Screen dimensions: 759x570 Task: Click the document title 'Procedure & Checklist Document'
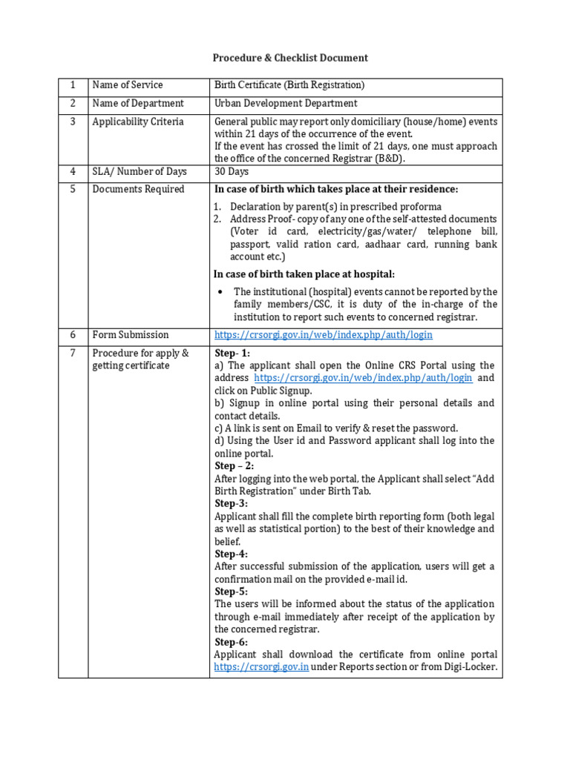click(290, 58)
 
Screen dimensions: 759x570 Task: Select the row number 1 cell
click(73, 85)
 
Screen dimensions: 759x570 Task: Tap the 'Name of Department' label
click(137, 104)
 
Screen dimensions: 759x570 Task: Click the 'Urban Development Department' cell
click(286, 104)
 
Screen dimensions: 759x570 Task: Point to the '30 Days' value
click(232, 172)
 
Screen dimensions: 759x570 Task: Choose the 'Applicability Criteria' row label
click(137, 122)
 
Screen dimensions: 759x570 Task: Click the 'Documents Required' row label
click(138, 190)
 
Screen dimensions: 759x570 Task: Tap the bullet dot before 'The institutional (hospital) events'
click(220, 292)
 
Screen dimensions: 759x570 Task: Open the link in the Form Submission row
click(323, 335)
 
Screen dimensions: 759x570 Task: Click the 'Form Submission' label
click(131, 335)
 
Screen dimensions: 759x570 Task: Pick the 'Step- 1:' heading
click(232, 354)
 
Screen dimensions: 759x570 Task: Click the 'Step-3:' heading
click(232, 503)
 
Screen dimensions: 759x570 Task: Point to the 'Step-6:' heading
click(232, 642)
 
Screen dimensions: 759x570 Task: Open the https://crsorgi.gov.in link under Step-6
click(261, 667)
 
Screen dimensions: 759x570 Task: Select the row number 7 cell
click(73, 354)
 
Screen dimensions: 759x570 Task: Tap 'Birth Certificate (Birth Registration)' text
click(289, 85)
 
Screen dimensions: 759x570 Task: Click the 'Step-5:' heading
click(232, 591)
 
